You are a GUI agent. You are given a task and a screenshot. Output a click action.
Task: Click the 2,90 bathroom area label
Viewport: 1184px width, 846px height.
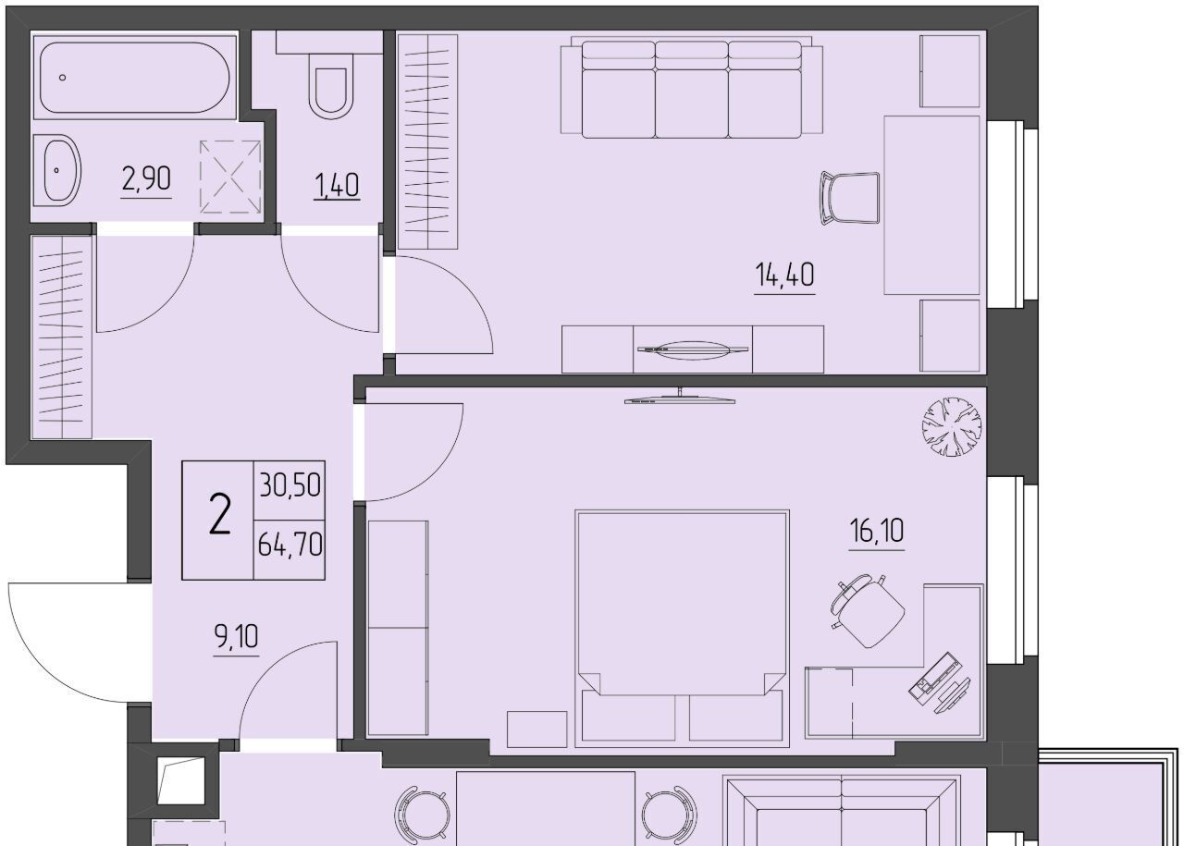[146, 178]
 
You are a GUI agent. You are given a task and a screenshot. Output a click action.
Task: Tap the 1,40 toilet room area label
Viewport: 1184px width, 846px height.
[337, 186]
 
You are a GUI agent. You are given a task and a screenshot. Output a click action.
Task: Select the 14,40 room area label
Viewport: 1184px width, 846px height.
[784, 276]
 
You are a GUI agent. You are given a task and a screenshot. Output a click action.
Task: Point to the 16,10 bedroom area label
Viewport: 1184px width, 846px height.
[876, 531]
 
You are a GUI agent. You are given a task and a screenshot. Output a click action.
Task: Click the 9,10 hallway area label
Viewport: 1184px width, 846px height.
[236, 637]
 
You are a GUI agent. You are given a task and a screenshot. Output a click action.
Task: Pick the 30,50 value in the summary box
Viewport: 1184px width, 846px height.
[290, 485]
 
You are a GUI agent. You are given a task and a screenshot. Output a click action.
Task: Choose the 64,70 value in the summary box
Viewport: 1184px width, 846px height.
[290, 545]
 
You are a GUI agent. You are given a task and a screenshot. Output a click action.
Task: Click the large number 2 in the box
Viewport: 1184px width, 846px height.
[220, 514]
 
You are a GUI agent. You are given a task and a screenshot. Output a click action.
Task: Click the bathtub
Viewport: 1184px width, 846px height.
[134, 77]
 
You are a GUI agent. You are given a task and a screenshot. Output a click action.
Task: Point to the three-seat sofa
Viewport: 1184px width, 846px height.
[692, 88]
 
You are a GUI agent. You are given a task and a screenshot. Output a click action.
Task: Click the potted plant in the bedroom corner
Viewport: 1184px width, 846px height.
[952, 426]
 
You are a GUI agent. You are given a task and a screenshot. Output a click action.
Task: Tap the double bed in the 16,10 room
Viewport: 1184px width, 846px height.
[682, 629]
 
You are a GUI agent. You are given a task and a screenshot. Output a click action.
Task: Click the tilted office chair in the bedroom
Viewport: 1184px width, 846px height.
[868, 610]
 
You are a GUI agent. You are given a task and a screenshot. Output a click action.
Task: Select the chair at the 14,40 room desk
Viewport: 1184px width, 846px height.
[850, 198]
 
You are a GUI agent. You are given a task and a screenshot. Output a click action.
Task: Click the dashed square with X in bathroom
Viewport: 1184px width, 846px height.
[230, 177]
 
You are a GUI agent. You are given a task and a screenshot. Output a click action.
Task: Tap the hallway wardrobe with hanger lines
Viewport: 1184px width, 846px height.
[62, 337]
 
